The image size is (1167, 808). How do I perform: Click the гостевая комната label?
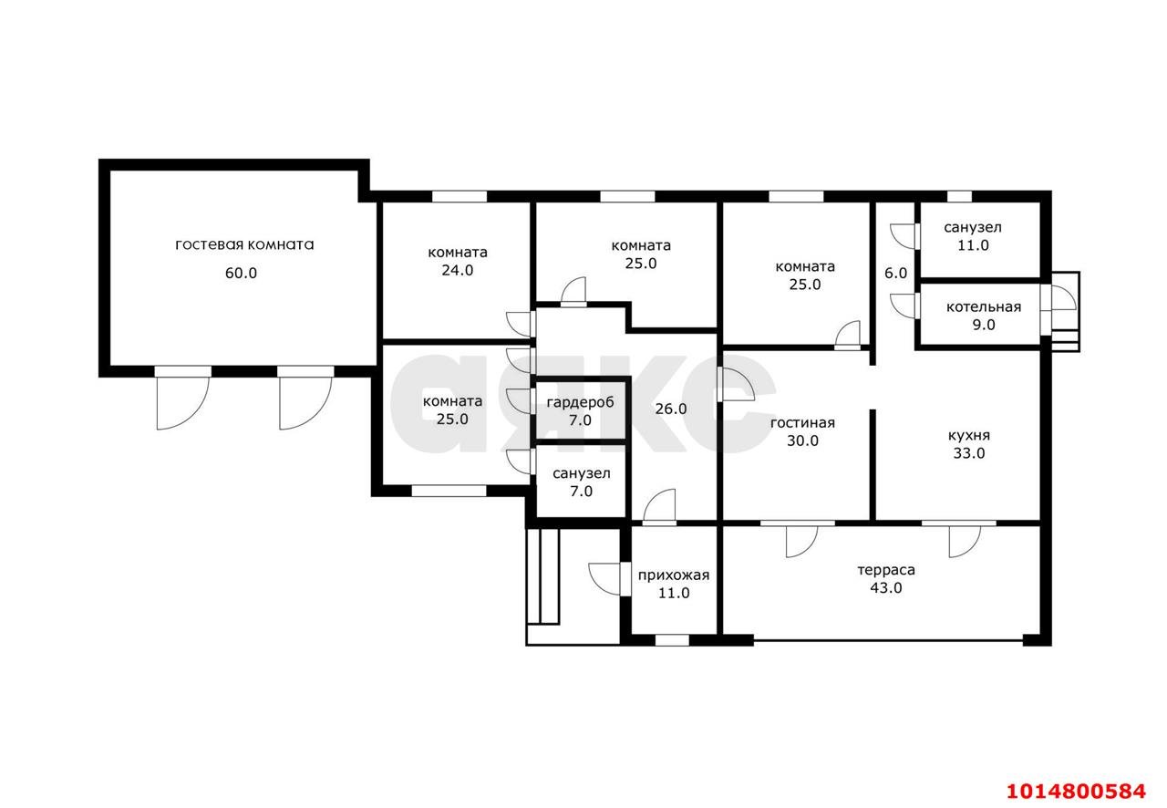(244, 245)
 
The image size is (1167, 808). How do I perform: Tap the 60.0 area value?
(241, 274)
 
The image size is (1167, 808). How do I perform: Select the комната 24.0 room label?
(458, 261)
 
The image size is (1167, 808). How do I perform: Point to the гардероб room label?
(581, 402)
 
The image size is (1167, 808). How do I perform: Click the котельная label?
(984, 307)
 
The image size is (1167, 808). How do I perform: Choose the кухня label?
(969, 436)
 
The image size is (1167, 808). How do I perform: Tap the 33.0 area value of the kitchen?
(969, 453)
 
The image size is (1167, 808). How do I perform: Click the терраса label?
(886, 570)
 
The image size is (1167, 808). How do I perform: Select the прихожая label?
(674, 575)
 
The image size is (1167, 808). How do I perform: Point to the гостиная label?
(802, 423)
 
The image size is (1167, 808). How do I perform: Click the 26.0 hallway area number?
(670, 409)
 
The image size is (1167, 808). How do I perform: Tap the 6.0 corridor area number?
(895, 274)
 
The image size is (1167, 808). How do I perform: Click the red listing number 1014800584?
(1076, 792)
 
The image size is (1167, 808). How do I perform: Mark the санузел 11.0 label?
(973, 236)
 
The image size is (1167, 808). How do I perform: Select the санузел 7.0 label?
(581, 482)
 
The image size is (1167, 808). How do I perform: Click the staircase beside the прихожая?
(542, 577)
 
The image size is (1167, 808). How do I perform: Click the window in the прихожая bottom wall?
(672, 640)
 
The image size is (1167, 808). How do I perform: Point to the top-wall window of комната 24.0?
(460, 196)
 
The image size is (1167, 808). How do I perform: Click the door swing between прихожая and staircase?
(604, 578)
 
